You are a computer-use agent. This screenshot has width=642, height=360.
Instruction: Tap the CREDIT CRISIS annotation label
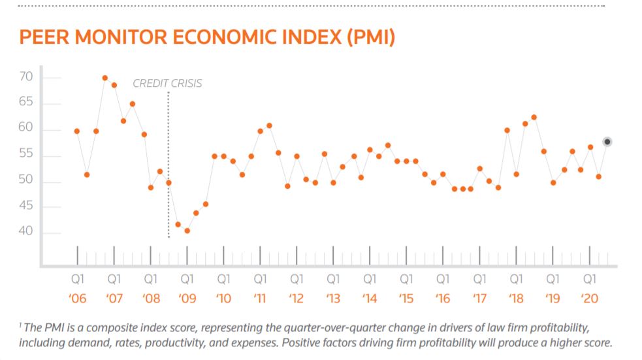167,84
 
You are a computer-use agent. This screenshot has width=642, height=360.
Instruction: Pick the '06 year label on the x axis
77,299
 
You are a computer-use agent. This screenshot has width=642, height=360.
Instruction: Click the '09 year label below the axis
187,299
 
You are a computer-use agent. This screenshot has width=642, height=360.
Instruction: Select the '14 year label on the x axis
370,299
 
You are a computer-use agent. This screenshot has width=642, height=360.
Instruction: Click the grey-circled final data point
607,142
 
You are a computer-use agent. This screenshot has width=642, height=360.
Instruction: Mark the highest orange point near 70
104,78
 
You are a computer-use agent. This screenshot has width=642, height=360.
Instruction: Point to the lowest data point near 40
187,231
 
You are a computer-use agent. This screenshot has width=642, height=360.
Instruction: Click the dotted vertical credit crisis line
169,163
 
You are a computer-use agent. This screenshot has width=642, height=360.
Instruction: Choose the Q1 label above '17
479,279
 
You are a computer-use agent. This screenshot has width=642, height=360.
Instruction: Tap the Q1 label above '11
260,279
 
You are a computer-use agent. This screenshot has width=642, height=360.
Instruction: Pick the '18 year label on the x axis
516,299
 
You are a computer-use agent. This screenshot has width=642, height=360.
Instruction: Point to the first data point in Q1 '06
77,131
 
